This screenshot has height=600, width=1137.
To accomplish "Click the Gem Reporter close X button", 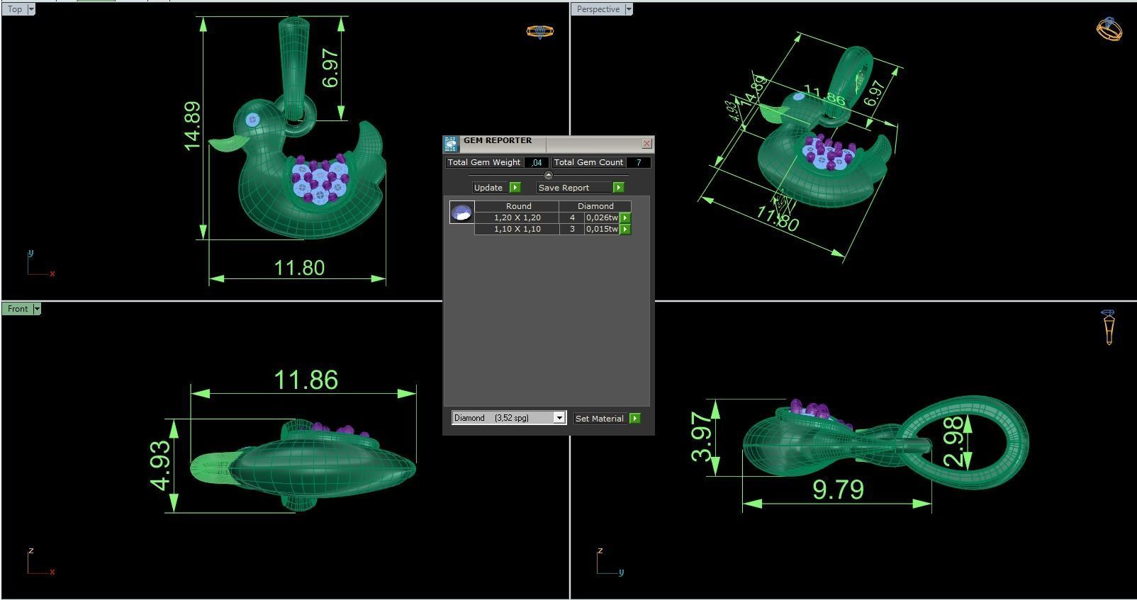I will (x=646, y=143).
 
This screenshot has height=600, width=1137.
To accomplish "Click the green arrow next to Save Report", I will (x=618, y=188).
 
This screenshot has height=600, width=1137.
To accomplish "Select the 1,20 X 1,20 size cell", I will (x=517, y=218).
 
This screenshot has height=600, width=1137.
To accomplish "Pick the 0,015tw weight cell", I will (x=602, y=230).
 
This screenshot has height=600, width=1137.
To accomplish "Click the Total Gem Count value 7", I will (x=638, y=163).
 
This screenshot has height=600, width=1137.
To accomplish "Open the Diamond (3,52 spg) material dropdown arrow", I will (x=559, y=418).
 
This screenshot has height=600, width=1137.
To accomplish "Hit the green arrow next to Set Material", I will (x=635, y=419).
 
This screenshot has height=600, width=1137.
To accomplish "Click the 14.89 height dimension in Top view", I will (x=192, y=126).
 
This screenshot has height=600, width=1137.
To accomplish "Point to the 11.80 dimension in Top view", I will (x=299, y=268).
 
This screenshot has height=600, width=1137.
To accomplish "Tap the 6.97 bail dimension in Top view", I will (x=330, y=68).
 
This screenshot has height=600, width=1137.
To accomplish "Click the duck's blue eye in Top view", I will (x=252, y=120).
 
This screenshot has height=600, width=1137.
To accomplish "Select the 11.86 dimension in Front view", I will (x=306, y=380).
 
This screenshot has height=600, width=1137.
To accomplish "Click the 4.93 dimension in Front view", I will (x=161, y=465).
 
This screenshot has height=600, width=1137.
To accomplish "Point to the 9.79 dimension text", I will (x=838, y=489).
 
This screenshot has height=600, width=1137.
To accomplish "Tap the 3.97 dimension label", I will (x=702, y=436).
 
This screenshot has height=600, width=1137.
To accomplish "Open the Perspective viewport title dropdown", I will (x=629, y=9).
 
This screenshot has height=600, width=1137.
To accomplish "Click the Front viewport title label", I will (x=18, y=309).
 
